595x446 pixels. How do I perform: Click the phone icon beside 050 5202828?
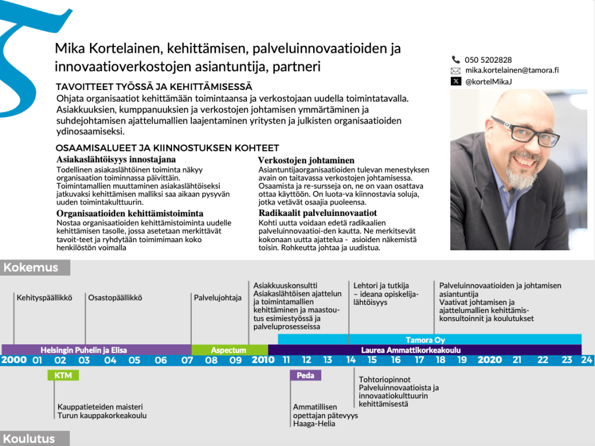456,60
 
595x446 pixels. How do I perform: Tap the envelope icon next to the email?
456,70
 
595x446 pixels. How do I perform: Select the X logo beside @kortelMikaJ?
456,81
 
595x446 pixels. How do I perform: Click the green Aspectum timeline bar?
229,350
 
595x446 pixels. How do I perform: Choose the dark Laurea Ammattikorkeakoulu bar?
424,350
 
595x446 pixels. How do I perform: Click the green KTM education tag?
63,375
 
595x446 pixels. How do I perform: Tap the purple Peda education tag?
305,375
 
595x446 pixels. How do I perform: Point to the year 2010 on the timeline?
263,360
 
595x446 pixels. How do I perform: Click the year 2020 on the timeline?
489,360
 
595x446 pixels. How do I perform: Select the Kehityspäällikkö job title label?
44,298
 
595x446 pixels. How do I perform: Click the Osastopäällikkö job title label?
115,298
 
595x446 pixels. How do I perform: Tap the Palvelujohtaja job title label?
218,298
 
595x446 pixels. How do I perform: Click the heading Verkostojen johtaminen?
306,160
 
